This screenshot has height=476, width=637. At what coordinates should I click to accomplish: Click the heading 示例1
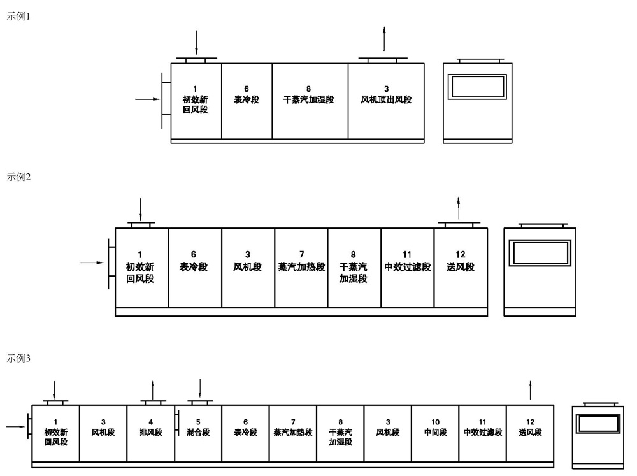(18, 17)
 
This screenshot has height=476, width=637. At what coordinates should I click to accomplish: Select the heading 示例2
(18, 177)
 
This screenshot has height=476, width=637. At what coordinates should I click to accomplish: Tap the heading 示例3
(18, 359)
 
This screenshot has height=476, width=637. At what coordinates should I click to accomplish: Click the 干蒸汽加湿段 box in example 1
(310, 101)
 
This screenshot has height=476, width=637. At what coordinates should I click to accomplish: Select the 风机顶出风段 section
(386, 101)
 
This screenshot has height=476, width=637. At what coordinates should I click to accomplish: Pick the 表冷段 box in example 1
(247, 101)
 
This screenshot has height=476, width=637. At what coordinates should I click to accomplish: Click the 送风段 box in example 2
(461, 268)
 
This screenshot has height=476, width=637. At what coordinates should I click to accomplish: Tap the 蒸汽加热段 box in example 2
(301, 268)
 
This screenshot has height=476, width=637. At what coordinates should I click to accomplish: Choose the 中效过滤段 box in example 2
(408, 268)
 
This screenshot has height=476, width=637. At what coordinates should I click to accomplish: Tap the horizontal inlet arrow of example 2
(92, 262)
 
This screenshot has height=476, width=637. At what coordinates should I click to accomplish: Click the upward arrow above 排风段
(152, 389)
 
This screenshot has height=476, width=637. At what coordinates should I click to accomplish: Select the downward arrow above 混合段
(200, 389)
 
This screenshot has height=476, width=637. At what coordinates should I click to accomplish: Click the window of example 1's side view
(478, 86)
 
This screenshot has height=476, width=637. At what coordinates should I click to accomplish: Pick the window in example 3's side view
(598, 424)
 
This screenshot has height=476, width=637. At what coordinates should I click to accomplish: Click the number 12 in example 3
(530, 422)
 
